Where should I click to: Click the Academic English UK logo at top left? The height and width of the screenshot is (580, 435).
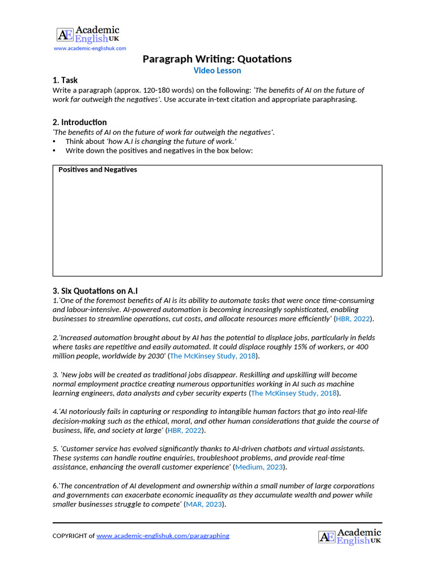pyautogui.click(x=88, y=34)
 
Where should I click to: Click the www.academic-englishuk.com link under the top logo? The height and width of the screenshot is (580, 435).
pyautogui.click(x=89, y=49)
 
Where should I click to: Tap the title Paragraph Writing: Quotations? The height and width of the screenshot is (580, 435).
pyautogui.click(x=217, y=59)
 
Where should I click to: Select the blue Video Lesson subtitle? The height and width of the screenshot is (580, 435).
pyautogui.click(x=217, y=71)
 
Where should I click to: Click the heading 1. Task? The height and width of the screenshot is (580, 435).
pyautogui.click(x=65, y=80)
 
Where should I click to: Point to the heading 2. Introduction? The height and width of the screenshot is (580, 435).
pyautogui.click(x=79, y=122)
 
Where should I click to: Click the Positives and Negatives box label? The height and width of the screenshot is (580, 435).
pyautogui.click(x=97, y=170)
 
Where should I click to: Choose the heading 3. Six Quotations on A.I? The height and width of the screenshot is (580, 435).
pyautogui.click(x=95, y=291)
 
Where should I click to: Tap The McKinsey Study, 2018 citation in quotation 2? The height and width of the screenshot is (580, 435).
pyautogui.click(x=213, y=356)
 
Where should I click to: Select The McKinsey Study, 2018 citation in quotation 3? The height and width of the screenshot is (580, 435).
pyautogui.click(x=294, y=393)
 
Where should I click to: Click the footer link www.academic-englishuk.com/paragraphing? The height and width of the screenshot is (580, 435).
pyautogui.click(x=163, y=536)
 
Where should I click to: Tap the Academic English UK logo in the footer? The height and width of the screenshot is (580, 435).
pyautogui.click(x=349, y=536)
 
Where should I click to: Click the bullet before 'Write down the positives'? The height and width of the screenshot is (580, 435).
pyautogui.click(x=54, y=151)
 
